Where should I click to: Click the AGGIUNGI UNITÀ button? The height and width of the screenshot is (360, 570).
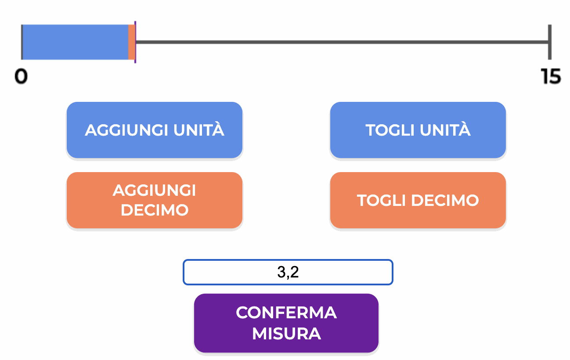(155, 130)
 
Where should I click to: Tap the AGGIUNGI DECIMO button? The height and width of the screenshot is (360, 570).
(155, 200)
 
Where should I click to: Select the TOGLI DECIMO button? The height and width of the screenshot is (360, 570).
(418, 200)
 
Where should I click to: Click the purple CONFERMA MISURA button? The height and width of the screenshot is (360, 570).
(286, 323)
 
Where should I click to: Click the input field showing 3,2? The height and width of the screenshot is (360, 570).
(288, 272)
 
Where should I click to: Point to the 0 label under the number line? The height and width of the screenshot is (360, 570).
(21, 76)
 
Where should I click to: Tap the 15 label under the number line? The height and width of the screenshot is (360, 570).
(551, 76)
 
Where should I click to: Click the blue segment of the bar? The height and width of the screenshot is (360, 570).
(76, 42)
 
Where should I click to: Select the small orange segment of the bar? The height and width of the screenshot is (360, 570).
(132, 42)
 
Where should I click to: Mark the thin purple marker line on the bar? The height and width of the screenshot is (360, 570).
(135, 42)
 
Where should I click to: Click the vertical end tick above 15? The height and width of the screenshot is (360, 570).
(550, 42)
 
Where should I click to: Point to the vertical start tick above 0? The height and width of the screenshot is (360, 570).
(22, 42)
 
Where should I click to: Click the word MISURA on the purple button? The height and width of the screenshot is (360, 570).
(286, 334)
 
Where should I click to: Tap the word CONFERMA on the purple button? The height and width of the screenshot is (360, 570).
(286, 313)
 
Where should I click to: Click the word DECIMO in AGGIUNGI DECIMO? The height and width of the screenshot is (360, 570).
(155, 210)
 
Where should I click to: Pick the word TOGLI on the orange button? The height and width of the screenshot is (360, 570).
(381, 200)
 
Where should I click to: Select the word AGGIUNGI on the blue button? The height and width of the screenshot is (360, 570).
(126, 130)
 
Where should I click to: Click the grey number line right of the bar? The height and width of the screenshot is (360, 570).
(342, 42)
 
